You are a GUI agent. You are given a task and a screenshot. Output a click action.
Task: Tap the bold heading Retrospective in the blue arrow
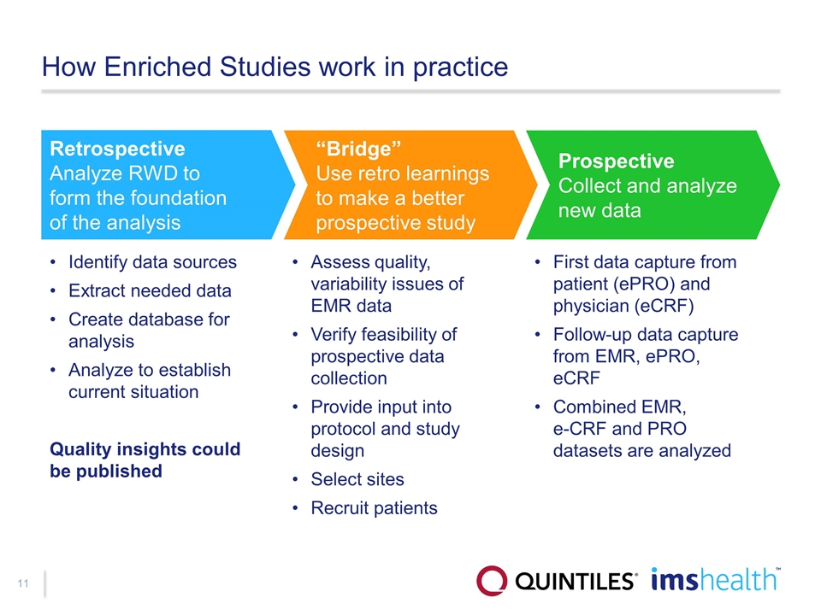pyautogui.click(x=117, y=149)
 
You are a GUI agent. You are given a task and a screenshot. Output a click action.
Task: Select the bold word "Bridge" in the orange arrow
pyautogui.click(x=358, y=149)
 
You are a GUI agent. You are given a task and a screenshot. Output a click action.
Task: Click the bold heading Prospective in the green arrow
pyautogui.click(x=616, y=161)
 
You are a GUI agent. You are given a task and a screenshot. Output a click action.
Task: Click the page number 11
pyautogui.click(x=22, y=583)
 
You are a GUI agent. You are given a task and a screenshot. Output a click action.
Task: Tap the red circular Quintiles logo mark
pyautogui.click(x=492, y=581)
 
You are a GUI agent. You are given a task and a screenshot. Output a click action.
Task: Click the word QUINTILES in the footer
pyautogui.click(x=576, y=582)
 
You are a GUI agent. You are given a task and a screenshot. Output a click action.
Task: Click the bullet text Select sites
pyautogui.click(x=357, y=479)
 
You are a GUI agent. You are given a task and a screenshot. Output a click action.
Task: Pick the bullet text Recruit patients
pyautogui.click(x=374, y=507)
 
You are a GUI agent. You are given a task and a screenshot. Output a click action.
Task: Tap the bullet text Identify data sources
pyautogui.click(x=152, y=262)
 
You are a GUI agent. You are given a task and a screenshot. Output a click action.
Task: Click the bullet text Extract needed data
pyautogui.click(x=150, y=290)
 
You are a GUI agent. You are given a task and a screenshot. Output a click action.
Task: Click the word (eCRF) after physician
pyautogui.click(x=664, y=306)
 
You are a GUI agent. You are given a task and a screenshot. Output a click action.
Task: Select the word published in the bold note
pyautogui.click(x=119, y=471)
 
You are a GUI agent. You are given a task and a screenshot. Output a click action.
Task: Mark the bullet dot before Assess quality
pyautogui.click(x=295, y=262)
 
